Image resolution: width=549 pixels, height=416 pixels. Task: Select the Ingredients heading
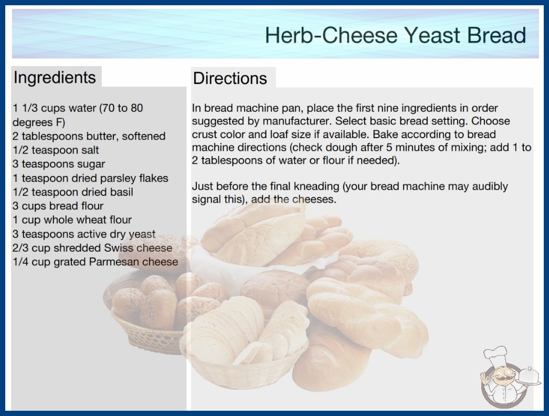coord(55,77)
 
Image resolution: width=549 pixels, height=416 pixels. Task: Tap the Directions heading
coord(230,78)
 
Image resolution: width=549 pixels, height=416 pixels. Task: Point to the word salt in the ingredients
coord(90,150)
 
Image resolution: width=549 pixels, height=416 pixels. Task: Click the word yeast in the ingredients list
coord(142,234)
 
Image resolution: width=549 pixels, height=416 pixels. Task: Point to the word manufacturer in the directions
coord(297,121)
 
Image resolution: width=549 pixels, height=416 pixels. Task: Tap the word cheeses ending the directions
coord(314,200)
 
